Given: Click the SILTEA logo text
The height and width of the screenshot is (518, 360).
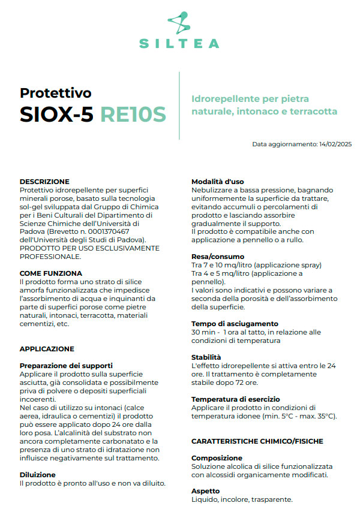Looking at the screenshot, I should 179,43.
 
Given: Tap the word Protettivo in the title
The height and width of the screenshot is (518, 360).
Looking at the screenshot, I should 56,93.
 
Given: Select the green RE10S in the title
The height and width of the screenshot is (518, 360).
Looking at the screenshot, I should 133,114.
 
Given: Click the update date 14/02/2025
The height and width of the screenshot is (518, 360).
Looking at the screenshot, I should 335,144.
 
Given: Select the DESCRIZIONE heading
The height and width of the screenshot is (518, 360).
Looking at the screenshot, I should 44,182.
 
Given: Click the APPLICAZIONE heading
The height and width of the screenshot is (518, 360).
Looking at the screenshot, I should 47,349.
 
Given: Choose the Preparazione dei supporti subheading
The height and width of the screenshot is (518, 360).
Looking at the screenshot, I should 66,366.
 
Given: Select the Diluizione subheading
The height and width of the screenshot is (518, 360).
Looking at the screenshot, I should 37,475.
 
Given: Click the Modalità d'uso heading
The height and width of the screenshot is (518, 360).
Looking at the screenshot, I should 217,182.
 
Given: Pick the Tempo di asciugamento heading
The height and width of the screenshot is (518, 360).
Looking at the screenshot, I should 235,324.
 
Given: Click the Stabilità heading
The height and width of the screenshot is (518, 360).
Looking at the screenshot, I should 206,357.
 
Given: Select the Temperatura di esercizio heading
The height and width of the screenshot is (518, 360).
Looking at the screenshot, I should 237,399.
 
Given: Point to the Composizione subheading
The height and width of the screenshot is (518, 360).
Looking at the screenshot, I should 217,458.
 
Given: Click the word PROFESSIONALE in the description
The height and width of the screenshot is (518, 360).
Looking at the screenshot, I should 50,257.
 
